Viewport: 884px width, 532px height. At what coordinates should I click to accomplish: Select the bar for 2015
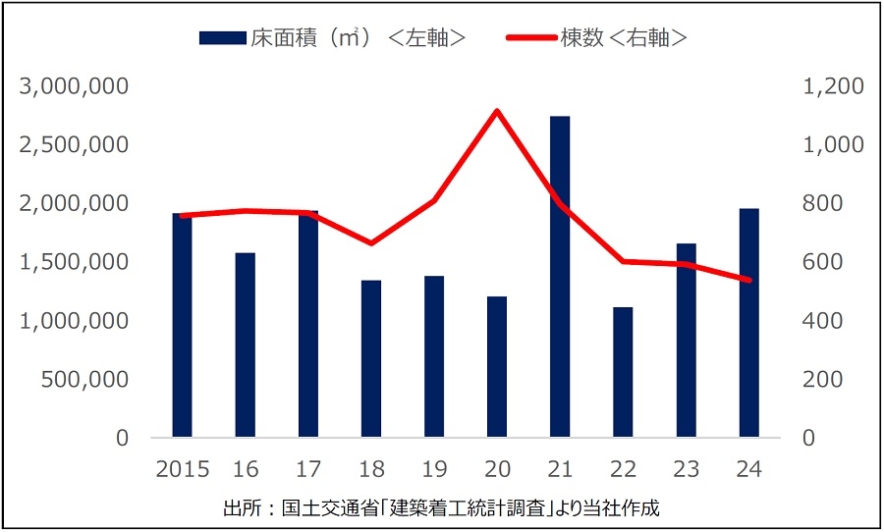coord(182,325)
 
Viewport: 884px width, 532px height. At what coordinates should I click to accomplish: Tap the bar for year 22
coord(623,372)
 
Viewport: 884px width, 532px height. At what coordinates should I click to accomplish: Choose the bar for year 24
coord(748,323)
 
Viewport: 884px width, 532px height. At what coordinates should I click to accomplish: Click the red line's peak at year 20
coord(497,111)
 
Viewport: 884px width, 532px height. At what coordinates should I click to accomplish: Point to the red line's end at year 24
coord(748,280)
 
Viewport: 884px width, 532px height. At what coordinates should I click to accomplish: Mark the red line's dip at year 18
coord(370,242)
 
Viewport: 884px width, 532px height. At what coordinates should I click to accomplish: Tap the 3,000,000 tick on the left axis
coord(75,86)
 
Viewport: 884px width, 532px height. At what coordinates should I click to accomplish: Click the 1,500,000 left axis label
coord(75,262)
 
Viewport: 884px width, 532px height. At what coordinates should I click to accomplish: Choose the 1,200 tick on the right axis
coord(833,86)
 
